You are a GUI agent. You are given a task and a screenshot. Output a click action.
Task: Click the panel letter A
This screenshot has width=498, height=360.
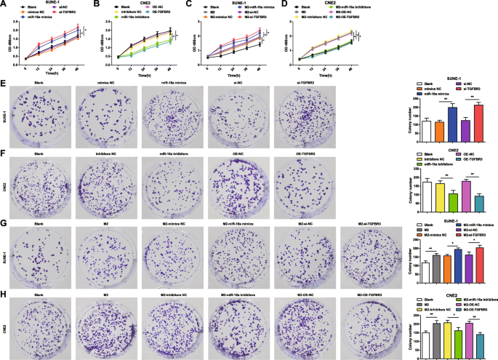4,4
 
